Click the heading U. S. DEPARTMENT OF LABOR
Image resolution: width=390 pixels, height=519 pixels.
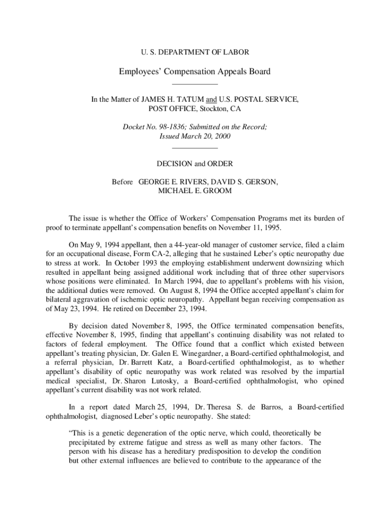click(x=194, y=52)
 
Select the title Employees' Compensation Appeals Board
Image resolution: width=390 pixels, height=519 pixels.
click(x=194, y=71)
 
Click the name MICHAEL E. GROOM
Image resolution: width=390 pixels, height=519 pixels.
click(x=195, y=191)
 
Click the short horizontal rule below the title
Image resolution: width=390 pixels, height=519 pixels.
click(x=195, y=84)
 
